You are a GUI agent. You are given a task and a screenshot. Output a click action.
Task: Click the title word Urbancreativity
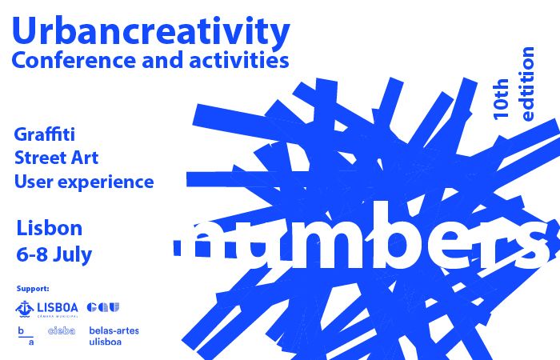(x=150, y=32)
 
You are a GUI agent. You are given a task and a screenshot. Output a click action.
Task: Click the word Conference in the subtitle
(x=74, y=60)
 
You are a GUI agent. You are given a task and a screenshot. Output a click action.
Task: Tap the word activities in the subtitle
(x=239, y=59)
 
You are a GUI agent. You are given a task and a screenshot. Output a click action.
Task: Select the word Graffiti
(x=45, y=134)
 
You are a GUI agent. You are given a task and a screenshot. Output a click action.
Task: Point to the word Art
(x=85, y=158)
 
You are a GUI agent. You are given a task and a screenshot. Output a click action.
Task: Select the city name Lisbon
(x=50, y=228)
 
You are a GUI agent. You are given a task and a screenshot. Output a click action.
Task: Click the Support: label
(x=33, y=289)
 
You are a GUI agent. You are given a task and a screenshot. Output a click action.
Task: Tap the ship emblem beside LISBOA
(x=25, y=309)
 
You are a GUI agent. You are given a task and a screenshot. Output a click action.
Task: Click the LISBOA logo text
(x=58, y=307)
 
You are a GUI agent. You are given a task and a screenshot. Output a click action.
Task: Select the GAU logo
(x=103, y=307)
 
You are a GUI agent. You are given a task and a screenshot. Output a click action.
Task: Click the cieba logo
(x=62, y=330)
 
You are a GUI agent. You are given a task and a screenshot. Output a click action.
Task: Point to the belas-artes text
(x=114, y=330)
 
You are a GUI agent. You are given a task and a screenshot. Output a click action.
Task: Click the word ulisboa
(x=106, y=342)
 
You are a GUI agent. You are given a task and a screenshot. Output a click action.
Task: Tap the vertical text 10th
(x=501, y=99)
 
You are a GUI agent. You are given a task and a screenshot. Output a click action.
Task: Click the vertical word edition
(x=527, y=84)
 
